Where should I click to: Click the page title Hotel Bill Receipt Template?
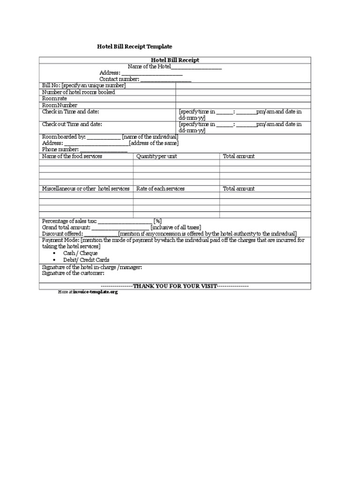pyautogui.click(x=135, y=47)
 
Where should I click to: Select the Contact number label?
pyautogui.click(x=119, y=79)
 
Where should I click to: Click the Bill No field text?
pyautogui.click(x=84, y=85)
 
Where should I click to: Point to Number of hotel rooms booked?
pyautogui.click(x=78, y=92)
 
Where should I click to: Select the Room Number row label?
pyautogui.click(x=60, y=105)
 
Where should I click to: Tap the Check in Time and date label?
pyautogui.click(x=70, y=112)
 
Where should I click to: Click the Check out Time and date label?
pyautogui.click(x=72, y=125)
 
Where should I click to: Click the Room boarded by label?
pyautogui.click(x=64, y=137)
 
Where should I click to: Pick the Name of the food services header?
pyautogui.click(x=72, y=156)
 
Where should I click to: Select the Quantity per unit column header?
pyautogui.click(x=157, y=156)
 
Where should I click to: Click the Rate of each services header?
pyautogui.click(x=160, y=188)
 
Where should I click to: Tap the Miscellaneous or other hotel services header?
pyautogui.click(x=86, y=188)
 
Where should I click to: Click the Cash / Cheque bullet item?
pyautogui.click(x=80, y=253)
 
